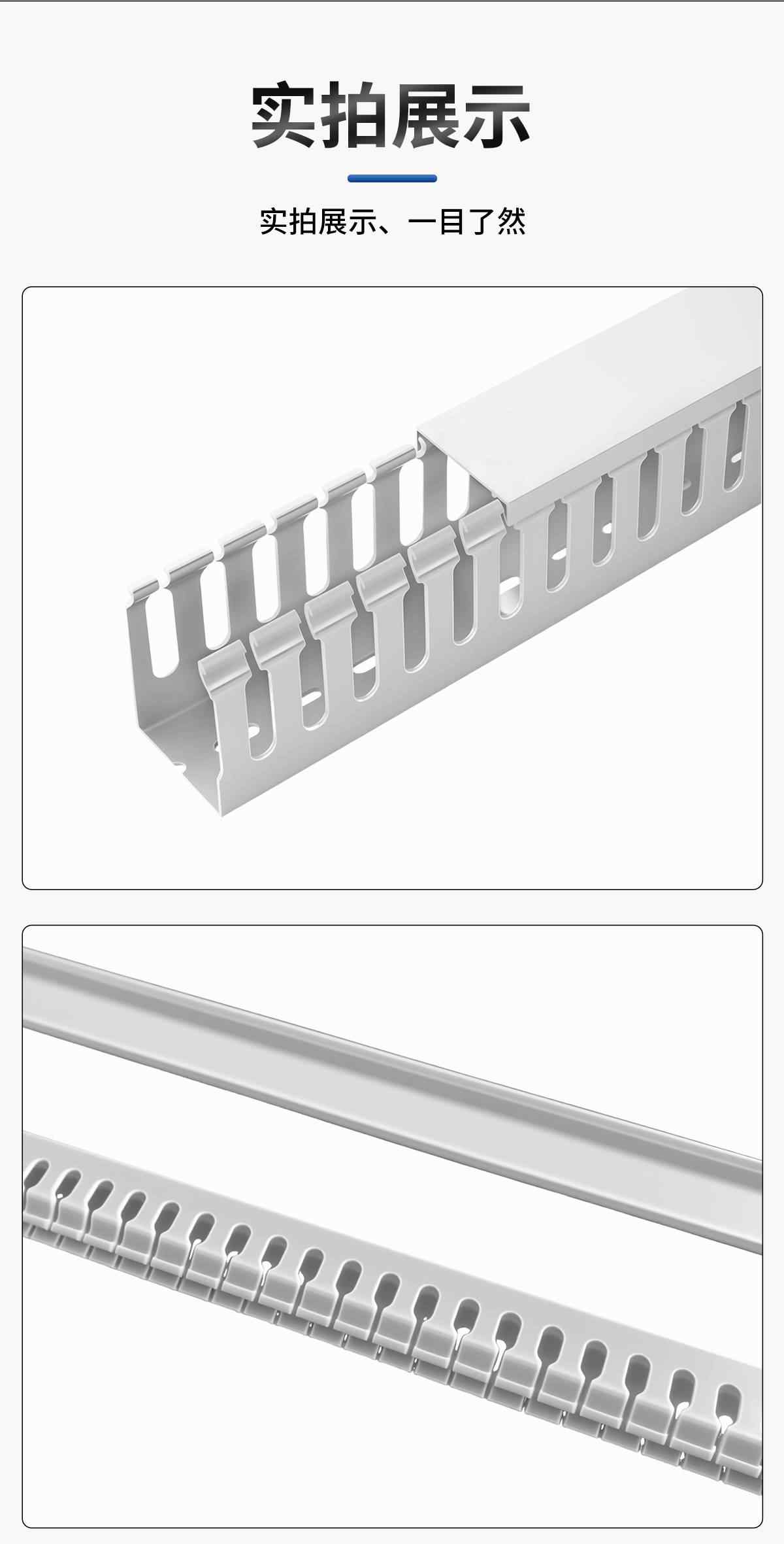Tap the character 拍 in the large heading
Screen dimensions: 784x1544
pos(356,115)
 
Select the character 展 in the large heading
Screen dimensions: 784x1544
pos(426,115)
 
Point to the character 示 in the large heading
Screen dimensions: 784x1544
pos(496,115)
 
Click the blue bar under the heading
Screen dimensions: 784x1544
pos(392,178)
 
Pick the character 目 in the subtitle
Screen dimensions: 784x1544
pos(451,222)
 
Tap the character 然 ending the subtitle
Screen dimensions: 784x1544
pos(511,222)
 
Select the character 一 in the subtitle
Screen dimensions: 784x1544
pos(422,222)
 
